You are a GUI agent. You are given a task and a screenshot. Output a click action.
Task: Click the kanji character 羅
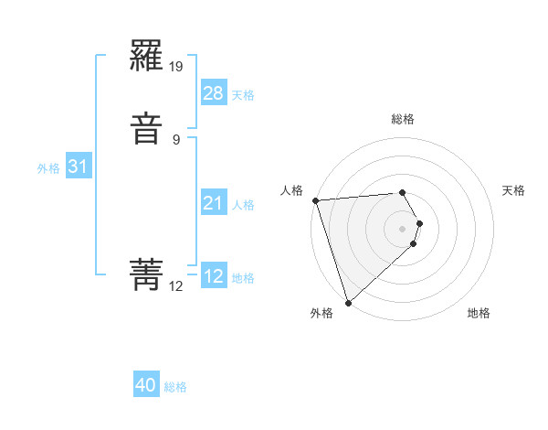click(x=147, y=59)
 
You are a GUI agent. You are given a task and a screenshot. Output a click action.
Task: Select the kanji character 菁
click(x=147, y=273)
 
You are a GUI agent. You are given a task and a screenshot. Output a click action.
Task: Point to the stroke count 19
click(x=177, y=67)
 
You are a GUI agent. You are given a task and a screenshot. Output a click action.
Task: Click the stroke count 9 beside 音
click(x=176, y=139)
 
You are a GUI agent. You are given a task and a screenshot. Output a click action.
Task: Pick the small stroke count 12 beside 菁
click(x=176, y=286)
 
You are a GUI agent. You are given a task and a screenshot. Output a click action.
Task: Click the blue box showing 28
click(x=213, y=93)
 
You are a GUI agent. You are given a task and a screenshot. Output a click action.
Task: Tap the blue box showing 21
click(x=213, y=203)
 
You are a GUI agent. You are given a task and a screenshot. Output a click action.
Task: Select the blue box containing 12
click(x=213, y=276)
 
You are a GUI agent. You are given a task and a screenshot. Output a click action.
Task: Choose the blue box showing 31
click(x=78, y=167)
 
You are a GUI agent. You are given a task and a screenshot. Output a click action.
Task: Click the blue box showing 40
click(x=146, y=385)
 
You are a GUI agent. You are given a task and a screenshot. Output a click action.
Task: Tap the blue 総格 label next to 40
click(x=175, y=387)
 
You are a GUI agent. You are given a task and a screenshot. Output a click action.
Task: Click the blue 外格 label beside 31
click(x=48, y=168)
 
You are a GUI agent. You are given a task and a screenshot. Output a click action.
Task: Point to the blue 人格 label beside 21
click(x=243, y=205)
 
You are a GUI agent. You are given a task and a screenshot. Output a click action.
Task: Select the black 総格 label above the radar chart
click(x=403, y=119)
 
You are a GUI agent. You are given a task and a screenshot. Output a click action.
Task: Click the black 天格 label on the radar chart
click(x=514, y=190)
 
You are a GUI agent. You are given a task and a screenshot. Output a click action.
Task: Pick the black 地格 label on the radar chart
click(x=479, y=314)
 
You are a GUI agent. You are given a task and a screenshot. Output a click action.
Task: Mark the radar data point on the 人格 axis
click(x=315, y=200)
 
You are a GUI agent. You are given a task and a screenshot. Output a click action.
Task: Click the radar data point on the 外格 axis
click(x=347, y=302)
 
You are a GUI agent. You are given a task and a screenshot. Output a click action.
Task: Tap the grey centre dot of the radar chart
click(x=403, y=228)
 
